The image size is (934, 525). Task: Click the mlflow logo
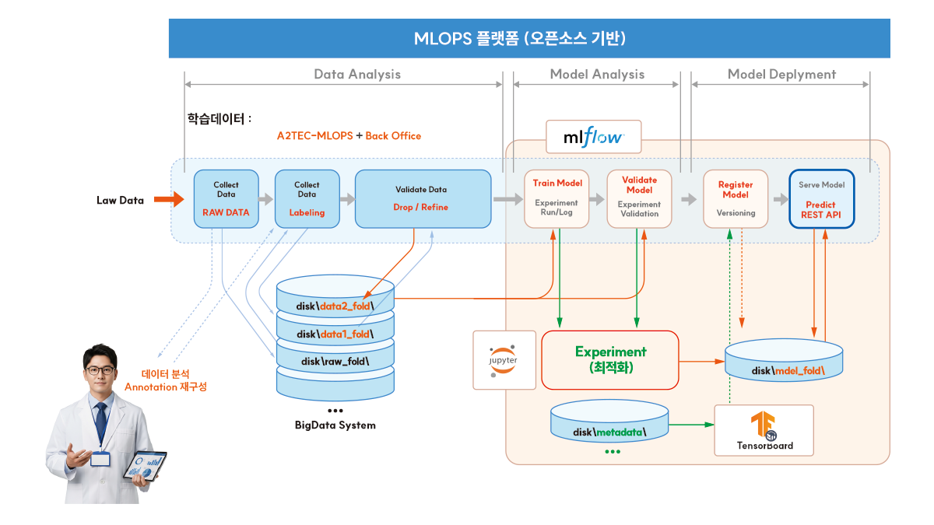click(593, 137)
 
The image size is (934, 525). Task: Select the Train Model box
click(557, 198)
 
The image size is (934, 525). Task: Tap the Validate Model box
click(639, 198)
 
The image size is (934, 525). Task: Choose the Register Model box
click(735, 198)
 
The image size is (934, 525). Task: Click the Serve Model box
click(821, 198)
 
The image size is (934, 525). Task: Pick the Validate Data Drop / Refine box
click(423, 198)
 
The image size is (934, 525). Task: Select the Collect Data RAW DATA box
click(226, 198)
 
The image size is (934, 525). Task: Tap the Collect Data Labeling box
click(307, 198)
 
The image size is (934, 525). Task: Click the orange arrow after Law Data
click(168, 200)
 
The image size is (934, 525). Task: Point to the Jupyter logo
click(504, 359)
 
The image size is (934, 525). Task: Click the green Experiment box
click(610, 359)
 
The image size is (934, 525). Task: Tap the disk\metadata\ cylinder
click(609, 422)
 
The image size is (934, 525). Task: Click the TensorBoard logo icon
click(763, 426)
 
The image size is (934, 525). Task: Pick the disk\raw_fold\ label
click(335, 362)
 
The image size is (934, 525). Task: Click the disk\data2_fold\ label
click(335, 306)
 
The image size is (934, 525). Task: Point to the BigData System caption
click(335, 425)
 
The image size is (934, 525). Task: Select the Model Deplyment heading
click(781, 75)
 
